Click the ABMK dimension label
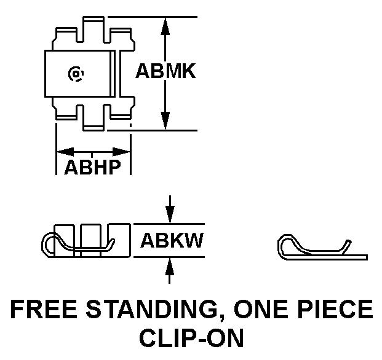[165, 72]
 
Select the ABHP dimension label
[92, 167]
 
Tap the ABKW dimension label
[172, 240]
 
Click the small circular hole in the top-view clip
[76, 74]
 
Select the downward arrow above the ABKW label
[170, 212]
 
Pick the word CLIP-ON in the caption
[191, 338]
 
